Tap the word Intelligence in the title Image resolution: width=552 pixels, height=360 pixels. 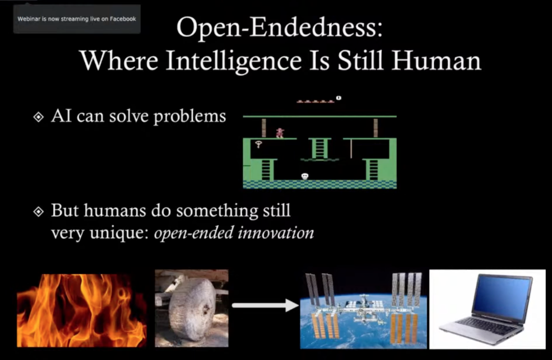[234, 61]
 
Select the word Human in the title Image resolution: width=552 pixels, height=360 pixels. [436, 60]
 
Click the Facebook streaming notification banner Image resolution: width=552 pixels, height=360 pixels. [77, 19]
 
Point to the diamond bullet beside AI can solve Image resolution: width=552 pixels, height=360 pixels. [38, 117]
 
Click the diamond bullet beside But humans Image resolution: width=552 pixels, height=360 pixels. [38, 211]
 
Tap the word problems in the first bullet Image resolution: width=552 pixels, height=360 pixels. [190, 117]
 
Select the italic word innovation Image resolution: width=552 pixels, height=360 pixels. [275, 233]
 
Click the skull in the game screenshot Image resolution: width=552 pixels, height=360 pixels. [305, 176]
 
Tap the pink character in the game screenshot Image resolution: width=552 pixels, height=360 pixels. [280, 133]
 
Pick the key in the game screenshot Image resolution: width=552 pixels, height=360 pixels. [259, 144]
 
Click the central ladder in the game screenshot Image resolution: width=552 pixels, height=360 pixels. [319, 148]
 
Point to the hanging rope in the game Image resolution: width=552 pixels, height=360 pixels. [351, 149]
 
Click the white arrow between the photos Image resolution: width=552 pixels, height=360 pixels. [265, 305]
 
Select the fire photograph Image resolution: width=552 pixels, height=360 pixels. [82, 310]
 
